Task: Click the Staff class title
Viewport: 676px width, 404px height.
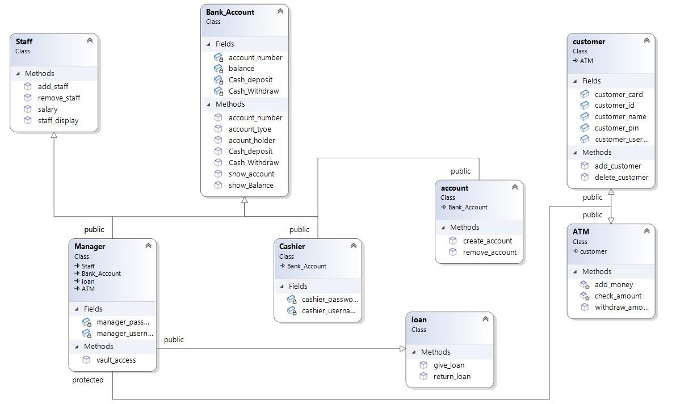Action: tap(24, 41)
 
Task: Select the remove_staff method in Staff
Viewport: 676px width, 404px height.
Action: tap(58, 98)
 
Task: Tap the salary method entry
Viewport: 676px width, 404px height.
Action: tap(47, 109)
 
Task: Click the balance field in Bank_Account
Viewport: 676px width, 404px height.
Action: tap(241, 69)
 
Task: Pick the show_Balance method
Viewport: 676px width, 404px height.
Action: tap(250, 185)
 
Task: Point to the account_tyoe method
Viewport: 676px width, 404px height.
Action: tap(250, 129)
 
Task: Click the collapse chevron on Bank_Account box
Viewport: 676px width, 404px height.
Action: tap(280, 11)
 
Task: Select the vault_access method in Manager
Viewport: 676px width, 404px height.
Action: tap(116, 360)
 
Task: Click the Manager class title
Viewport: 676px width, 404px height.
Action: tap(90, 246)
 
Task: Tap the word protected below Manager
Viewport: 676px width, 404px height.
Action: tap(88, 380)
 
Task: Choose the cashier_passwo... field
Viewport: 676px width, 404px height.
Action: tap(329, 299)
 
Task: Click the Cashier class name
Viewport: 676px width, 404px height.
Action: tap(292, 246)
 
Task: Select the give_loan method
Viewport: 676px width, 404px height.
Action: tap(448, 365)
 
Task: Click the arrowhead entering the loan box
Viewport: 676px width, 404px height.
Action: tap(402, 348)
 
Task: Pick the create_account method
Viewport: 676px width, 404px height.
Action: tap(487, 241)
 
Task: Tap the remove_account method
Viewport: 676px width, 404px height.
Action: tap(489, 252)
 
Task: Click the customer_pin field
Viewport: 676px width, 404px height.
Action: tap(616, 128)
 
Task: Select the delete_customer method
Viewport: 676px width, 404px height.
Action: tap(621, 177)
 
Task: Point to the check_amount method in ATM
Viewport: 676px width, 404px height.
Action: tap(618, 296)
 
